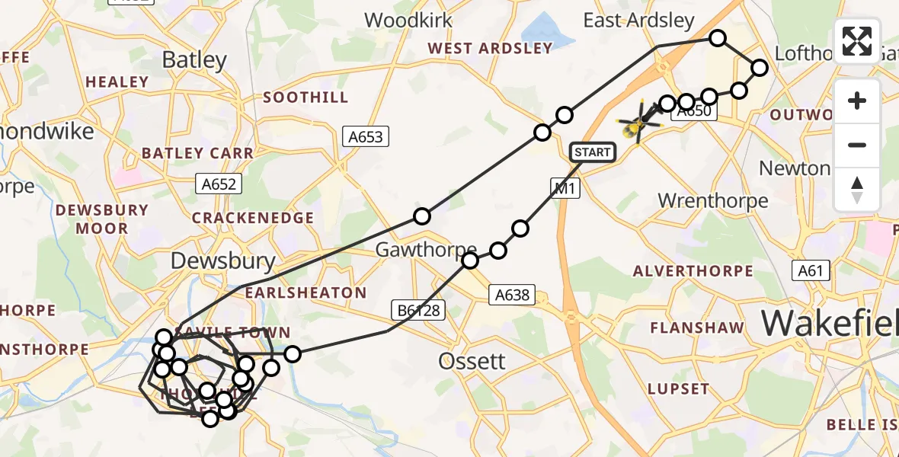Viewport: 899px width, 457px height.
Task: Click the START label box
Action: pyautogui.click(x=593, y=152)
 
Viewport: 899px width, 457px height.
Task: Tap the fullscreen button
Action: pyautogui.click(x=857, y=41)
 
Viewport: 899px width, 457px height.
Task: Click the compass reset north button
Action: pyautogui.click(x=857, y=189)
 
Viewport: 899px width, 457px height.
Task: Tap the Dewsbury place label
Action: pyautogui.click(x=222, y=261)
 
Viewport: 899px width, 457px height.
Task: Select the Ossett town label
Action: pyautogui.click(x=472, y=361)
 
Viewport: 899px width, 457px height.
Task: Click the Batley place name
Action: pyautogui.click(x=195, y=60)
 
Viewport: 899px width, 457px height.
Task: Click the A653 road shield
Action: pyautogui.click(x=366, y=137)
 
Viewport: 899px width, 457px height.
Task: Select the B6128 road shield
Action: pyautogui.click(x=418, y=309)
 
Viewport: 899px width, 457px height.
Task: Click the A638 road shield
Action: pyautogui.click(x=512, y=294)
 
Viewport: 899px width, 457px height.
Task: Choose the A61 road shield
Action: pyautogui.click(x=811, y=270)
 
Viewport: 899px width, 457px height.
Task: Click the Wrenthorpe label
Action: pyautogui.click(x=712, y=201)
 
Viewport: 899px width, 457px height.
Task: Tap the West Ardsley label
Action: pyautogui.click(x=490, y=49)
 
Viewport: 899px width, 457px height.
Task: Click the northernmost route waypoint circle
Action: pyautogui.click(x=718, y=38)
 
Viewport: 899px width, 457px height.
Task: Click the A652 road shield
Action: pyautogui.click(x=219, y=184)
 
